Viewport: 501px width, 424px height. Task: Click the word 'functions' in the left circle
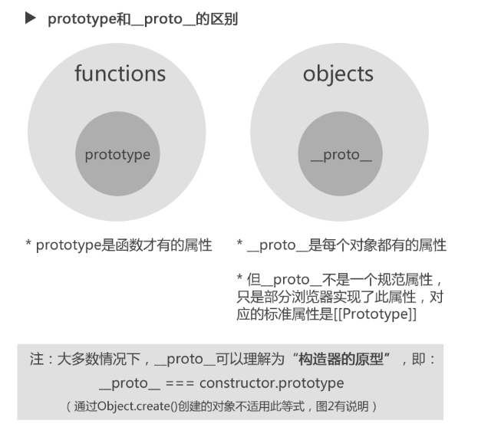click(x=120, y=74)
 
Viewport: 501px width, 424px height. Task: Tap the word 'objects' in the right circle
click(x=338, y=74)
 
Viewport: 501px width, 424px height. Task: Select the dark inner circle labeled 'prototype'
click(x=117, y=155)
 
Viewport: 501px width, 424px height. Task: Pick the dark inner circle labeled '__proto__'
click(x=341, y=155)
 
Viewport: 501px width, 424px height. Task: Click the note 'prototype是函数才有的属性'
click(x=120, y=245)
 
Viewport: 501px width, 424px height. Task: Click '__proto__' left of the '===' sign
click(x=128, y=382)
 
